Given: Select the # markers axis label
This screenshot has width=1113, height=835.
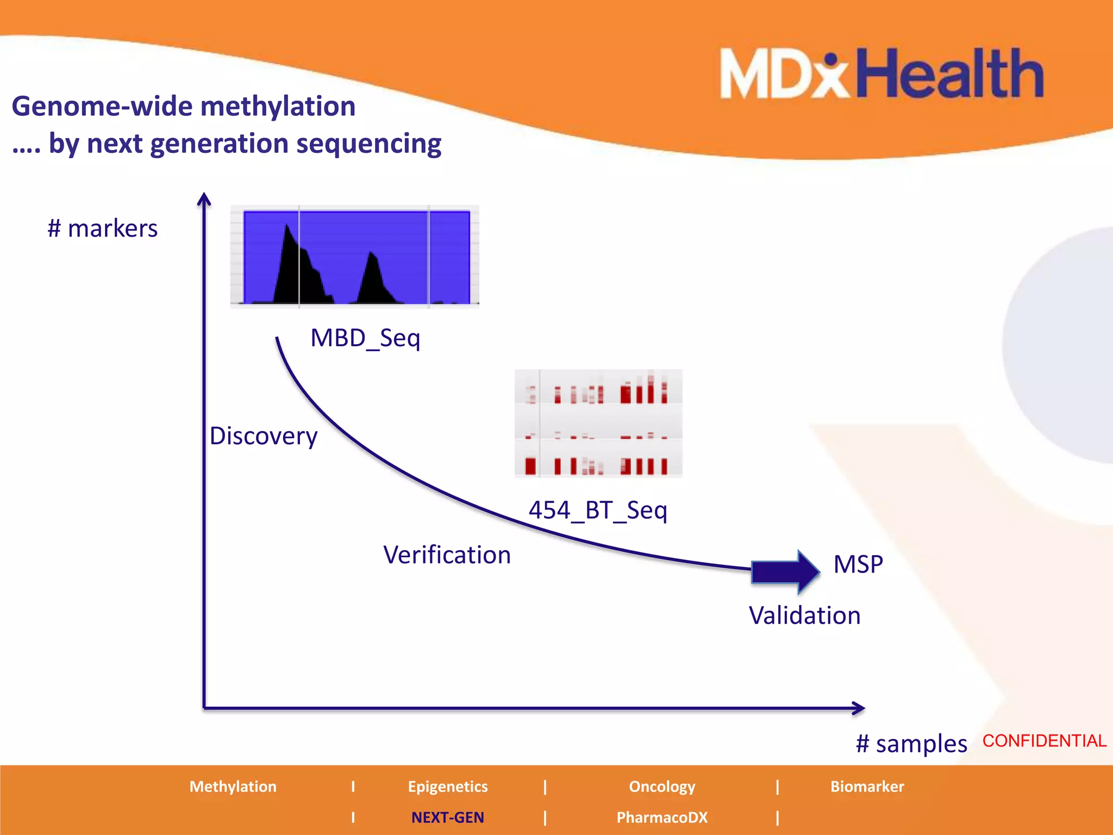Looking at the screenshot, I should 102,228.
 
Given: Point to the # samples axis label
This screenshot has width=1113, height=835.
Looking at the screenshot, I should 911,744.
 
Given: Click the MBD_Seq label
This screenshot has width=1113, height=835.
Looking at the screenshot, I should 365,338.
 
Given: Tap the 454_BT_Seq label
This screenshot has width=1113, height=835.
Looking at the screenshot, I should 598,510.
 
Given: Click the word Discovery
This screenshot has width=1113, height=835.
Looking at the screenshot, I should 264,436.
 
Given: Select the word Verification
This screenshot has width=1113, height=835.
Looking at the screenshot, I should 447,555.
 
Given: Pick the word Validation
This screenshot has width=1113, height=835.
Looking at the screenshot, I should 804,616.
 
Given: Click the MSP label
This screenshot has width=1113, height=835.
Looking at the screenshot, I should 858,564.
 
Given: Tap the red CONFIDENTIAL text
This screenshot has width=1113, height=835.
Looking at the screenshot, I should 1044,741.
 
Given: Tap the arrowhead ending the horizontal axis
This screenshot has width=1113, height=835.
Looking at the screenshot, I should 859,708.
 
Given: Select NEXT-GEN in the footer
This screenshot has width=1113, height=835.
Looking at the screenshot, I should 447,818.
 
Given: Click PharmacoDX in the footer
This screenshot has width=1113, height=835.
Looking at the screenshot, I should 662,818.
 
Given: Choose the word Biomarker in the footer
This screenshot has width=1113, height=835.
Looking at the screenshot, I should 867,787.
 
